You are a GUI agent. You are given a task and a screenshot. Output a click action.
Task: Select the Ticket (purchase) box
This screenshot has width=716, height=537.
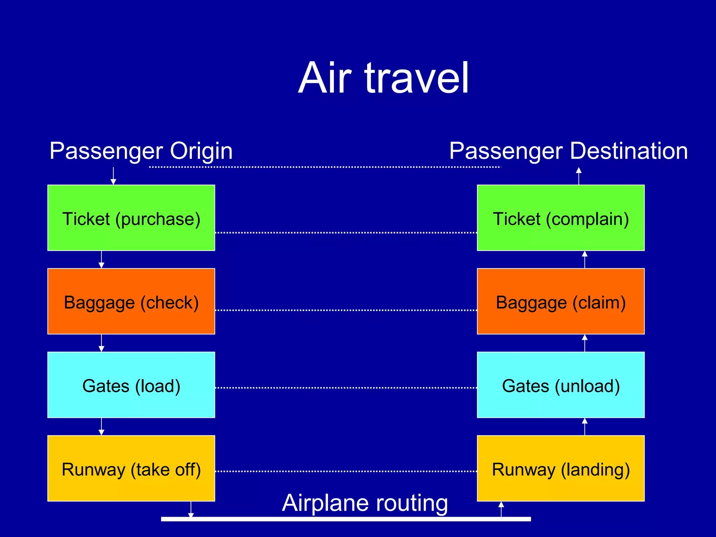[131, 218]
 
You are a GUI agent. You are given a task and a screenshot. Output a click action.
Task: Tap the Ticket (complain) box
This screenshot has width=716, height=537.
[560, 218]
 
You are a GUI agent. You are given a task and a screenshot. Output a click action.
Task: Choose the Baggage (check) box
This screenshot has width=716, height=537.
[131, 301]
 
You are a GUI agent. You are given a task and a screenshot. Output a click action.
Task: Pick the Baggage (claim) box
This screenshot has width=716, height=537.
[560, 301]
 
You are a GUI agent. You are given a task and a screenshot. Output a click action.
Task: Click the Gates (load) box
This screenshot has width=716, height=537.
[131, 385]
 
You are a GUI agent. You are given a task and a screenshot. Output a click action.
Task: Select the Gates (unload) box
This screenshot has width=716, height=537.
[560, 385]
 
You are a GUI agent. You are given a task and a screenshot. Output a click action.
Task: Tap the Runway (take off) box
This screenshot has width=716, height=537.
[131, 468]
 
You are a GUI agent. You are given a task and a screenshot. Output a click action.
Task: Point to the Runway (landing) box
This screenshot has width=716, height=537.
[560, 468]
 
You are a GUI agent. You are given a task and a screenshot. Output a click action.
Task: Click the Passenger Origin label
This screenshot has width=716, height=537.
[141, 151]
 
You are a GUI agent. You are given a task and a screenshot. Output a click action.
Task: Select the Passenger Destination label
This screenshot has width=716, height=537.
[568, 151]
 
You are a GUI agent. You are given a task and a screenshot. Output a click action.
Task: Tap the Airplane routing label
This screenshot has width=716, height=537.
[365, 503]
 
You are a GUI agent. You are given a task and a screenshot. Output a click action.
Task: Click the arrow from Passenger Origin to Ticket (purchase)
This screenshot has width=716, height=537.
[113, 176]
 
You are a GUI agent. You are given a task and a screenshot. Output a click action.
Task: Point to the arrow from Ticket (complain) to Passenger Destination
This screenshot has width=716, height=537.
[579, 176]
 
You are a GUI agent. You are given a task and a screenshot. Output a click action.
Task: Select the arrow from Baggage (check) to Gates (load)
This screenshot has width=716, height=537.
[101, 343]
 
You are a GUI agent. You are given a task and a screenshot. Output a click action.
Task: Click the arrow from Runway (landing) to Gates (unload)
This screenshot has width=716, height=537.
[585, 427]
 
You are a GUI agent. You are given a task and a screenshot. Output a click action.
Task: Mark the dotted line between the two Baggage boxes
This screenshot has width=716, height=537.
[346, 310]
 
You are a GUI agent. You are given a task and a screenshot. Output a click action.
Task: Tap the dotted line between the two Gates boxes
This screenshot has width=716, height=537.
[346, 388]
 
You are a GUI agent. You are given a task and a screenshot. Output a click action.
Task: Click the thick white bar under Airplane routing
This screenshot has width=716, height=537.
[346, 519]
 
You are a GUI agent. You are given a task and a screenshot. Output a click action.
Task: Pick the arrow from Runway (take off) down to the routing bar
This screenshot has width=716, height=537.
[191, 509]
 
